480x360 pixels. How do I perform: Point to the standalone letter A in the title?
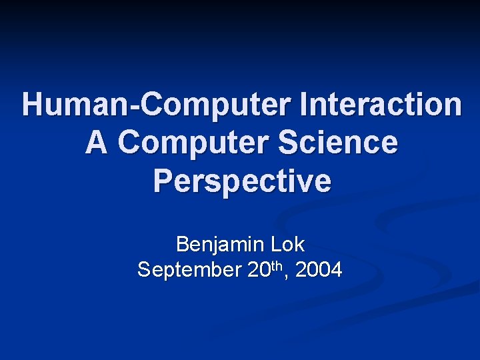[96, 143]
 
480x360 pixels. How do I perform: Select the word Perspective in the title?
[241, 181]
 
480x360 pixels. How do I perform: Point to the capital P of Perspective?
[163, 181]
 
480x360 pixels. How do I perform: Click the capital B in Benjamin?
[182, 245]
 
